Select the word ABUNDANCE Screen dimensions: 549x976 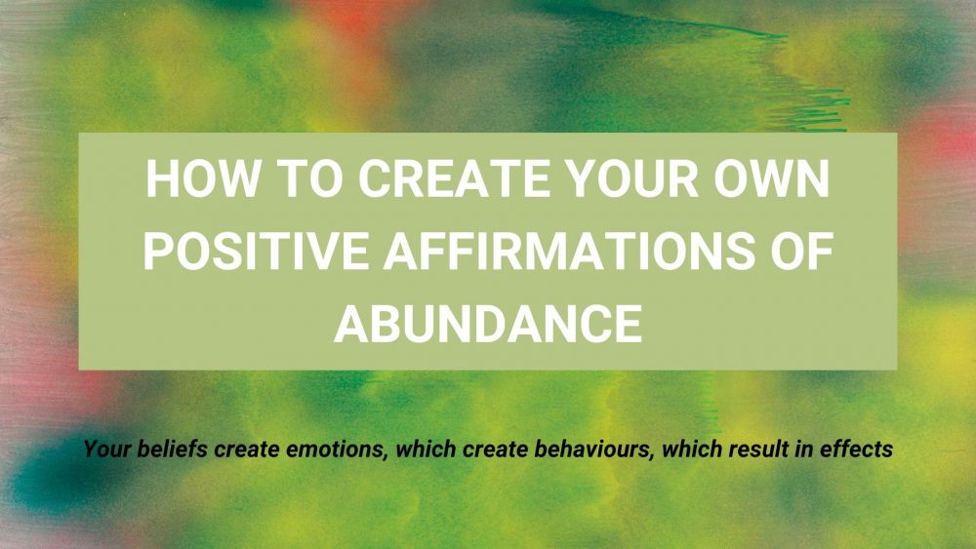(487, 322)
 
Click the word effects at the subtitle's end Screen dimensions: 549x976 (859, 451)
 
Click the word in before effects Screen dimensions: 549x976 (806, 451)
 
